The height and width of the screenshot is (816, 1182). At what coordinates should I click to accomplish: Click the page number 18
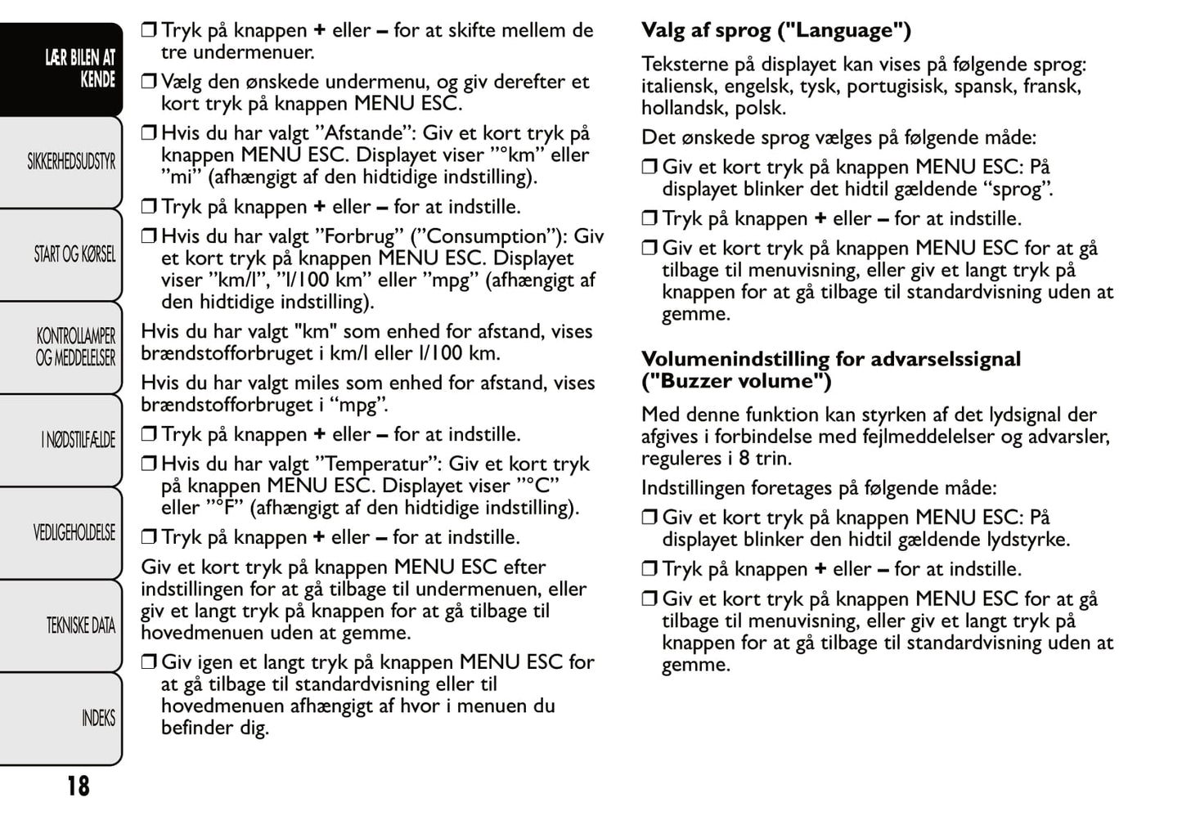79,786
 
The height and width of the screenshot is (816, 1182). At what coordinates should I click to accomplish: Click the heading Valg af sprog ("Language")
775,31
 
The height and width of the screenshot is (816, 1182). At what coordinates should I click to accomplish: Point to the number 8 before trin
744,459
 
